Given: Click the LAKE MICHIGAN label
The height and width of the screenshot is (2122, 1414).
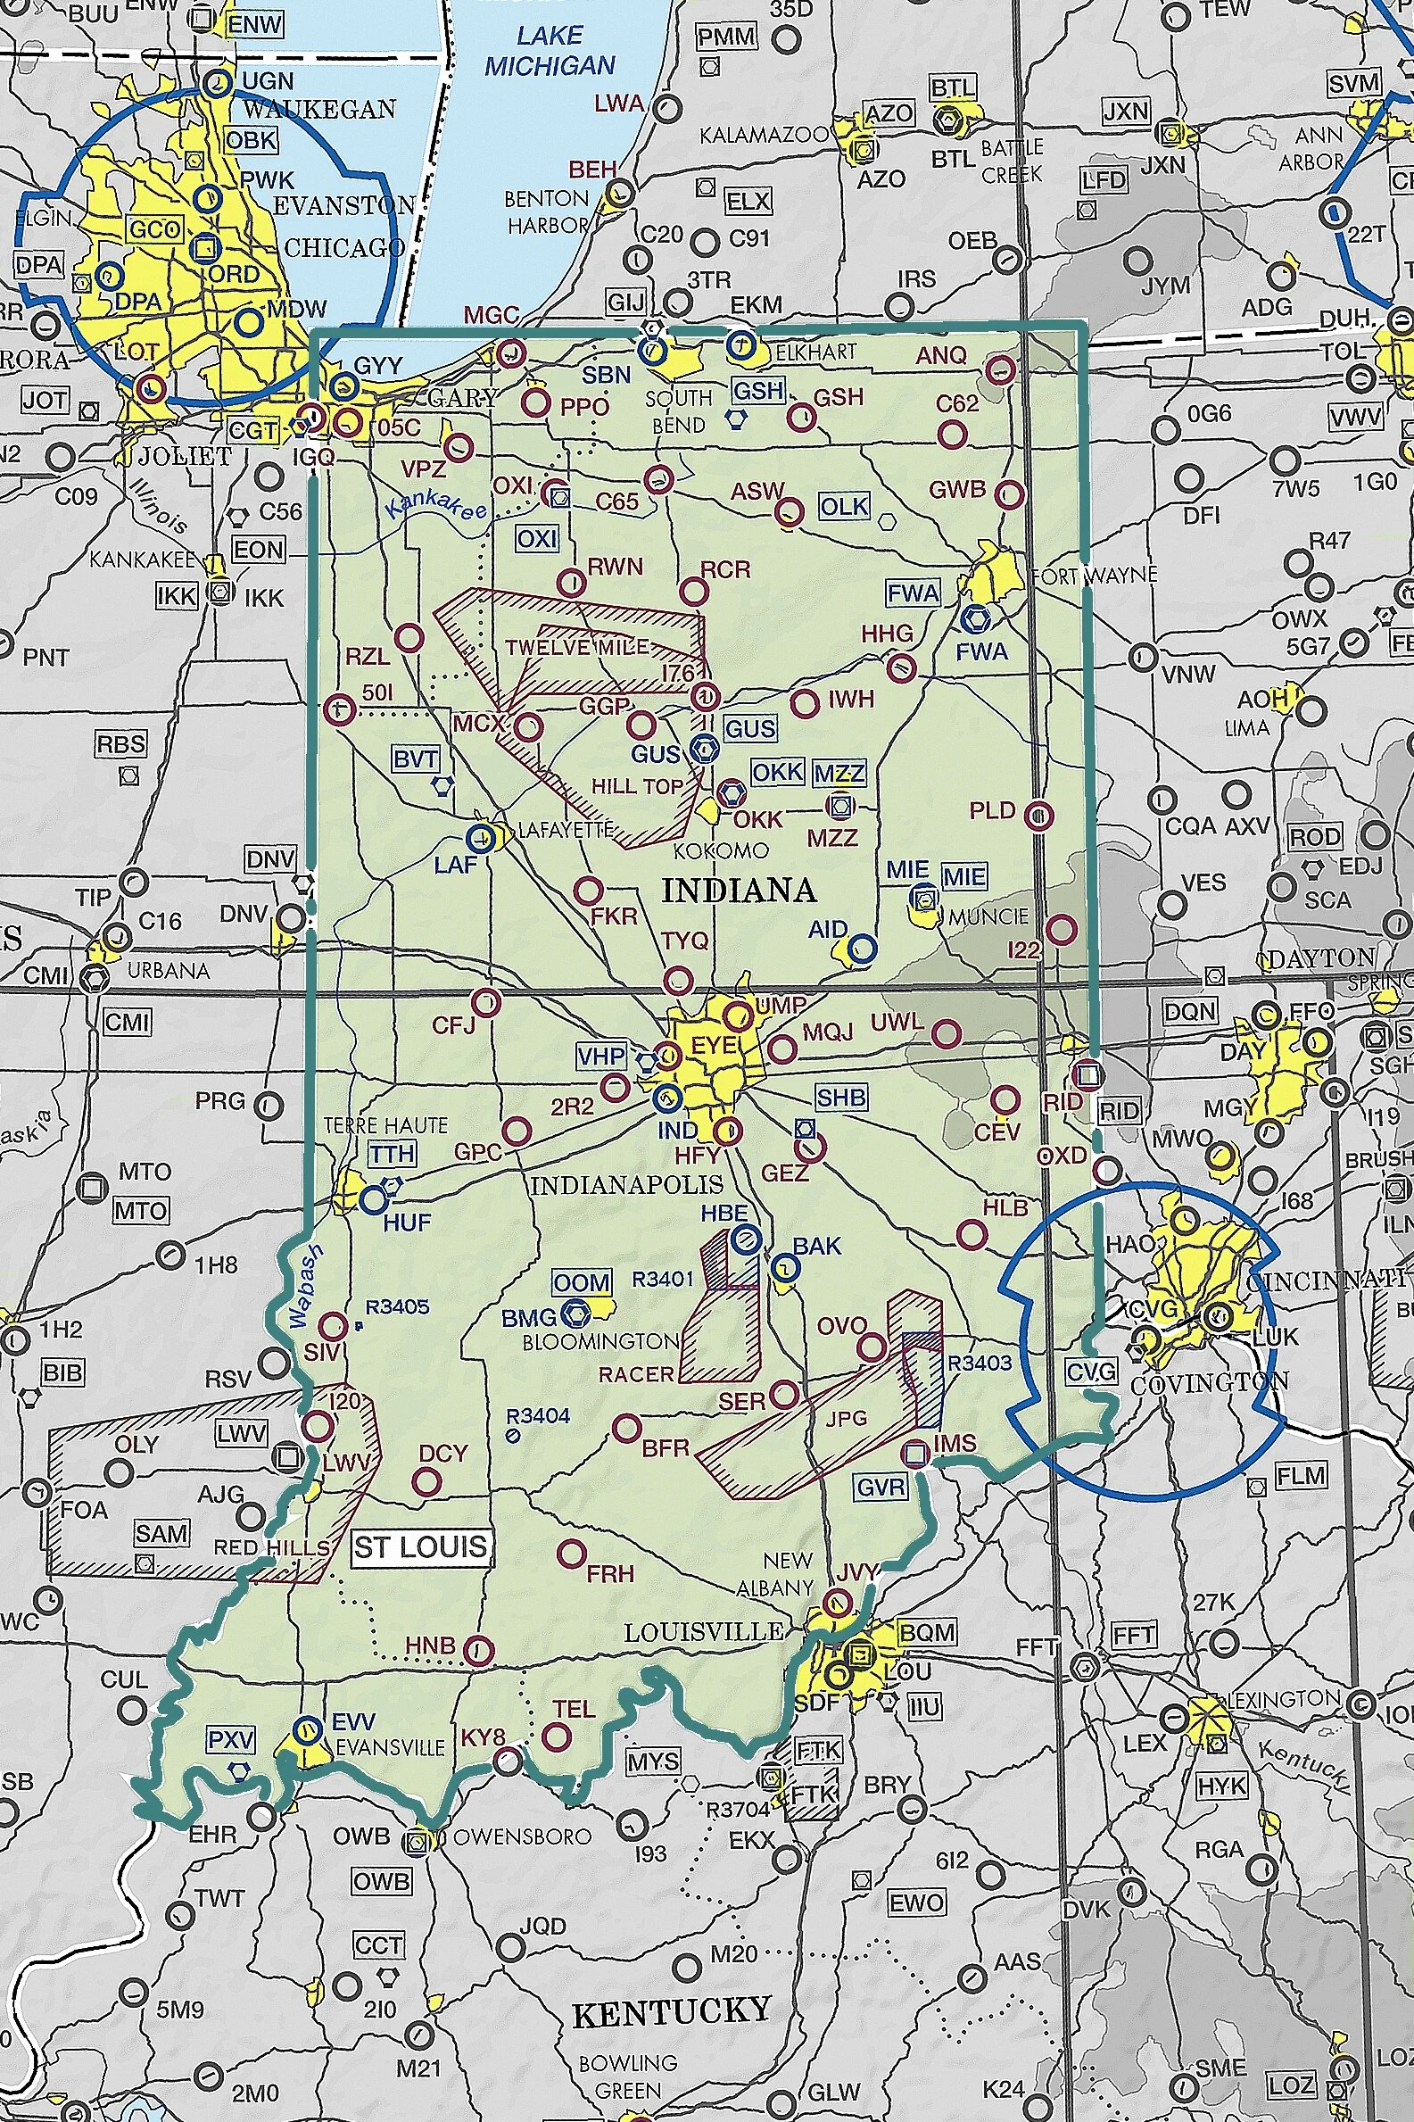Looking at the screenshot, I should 550,52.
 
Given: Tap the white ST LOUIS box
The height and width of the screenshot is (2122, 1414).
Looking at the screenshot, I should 421,1547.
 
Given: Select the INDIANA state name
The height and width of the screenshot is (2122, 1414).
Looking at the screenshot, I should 739,891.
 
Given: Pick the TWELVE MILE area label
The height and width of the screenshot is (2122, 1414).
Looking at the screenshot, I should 576,647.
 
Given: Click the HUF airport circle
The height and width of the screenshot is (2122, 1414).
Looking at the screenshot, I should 373,1199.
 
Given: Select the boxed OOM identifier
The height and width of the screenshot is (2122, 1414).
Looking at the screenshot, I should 582,1282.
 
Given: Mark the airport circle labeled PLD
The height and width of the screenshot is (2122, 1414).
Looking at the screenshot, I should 1038,816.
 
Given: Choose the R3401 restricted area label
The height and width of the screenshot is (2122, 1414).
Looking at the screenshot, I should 663,1279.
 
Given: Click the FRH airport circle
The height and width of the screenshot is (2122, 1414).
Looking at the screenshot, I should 571,1554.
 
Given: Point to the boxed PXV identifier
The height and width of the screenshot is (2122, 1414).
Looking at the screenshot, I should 231,1739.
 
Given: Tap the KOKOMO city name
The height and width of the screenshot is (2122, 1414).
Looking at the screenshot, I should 722,850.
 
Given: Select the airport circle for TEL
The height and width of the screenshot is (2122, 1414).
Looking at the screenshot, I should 558,1736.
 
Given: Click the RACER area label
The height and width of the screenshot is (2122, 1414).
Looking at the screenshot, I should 637,1374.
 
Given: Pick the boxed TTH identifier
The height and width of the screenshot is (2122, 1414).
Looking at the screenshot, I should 392,1155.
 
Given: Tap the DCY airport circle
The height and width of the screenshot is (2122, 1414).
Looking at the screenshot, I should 426,1480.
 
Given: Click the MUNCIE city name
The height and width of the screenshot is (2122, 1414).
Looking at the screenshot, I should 988,916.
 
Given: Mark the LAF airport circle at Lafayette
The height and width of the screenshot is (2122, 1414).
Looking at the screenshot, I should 482,837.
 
